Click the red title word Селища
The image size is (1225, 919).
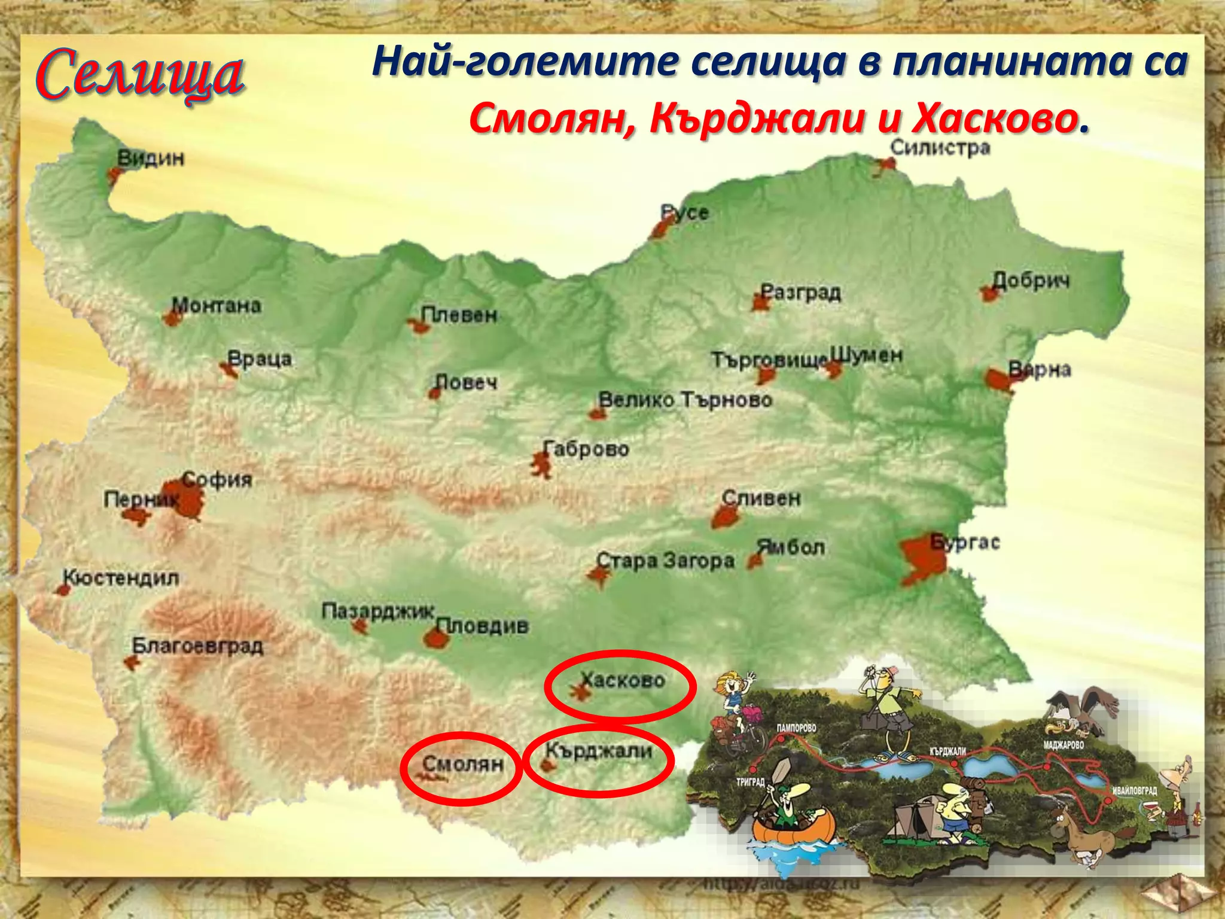[140, 75]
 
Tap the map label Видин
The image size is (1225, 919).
[151, 159]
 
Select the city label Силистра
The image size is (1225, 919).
[940, 148]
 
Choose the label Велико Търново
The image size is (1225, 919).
[685, 400]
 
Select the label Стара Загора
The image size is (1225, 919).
[666, 561]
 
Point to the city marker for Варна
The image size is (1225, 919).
[998, 380]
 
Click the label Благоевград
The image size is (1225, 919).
[197, 646]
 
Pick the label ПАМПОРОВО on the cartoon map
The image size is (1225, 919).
[796, 728]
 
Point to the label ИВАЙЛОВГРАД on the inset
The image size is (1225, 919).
[1134, 790]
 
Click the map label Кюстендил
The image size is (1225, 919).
[121, 578]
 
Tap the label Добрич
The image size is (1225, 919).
[1031, 281]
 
